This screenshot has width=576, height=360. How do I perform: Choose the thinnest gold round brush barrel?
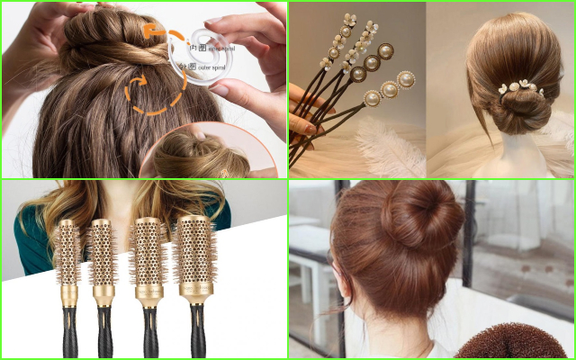click(68, 252)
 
